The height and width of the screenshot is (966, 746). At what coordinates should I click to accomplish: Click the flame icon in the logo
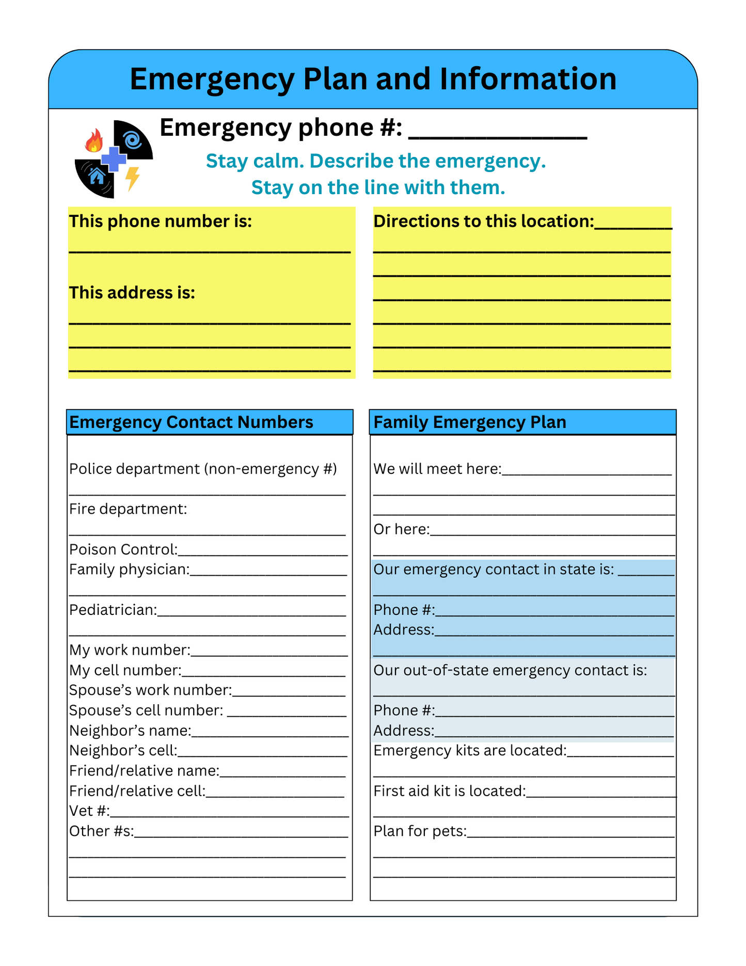(94, 141)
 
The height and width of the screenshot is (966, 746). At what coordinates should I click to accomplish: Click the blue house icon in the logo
(97, 177)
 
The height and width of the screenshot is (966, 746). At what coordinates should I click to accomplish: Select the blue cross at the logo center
(114, 159)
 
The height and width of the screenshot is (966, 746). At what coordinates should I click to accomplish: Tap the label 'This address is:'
(132, 293)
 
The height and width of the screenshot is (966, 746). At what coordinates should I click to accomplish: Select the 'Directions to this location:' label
(484, 221)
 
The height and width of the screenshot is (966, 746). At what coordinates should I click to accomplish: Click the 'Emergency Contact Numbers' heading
(191, 422)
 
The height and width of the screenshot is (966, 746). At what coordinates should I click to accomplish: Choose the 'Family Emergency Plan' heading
(470, 422)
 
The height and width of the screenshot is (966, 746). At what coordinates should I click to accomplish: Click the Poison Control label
(123, 549)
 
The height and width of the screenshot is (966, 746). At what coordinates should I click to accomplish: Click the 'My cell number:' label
(125, 670)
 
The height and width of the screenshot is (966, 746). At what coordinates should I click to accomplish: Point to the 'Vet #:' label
(89, 811)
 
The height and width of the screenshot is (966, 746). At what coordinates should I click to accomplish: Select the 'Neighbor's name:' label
(130, 731)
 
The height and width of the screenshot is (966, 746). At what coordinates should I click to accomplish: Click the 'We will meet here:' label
(437, 469)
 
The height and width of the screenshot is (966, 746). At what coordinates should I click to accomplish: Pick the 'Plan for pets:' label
(420, 831)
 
